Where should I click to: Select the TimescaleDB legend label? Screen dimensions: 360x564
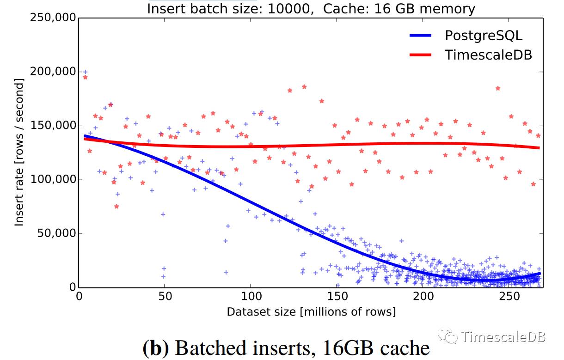(488, 55)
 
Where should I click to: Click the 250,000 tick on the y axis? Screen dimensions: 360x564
(52, 18)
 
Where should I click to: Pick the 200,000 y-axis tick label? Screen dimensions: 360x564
(52, 72)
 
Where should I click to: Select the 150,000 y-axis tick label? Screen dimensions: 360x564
(52, 126)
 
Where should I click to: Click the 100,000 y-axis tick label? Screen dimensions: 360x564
(52, 179)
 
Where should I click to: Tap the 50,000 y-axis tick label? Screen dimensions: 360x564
(55, 233)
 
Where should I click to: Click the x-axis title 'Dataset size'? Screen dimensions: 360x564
(311, 312)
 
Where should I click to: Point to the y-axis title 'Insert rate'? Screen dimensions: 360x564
(19, 152)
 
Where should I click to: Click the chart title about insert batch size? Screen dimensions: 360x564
(311, 8)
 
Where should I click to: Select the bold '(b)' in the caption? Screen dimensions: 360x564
(155, 348)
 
